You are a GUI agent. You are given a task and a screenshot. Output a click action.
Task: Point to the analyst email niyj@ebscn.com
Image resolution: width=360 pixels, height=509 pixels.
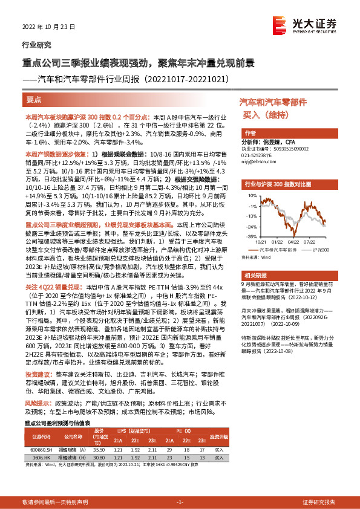(x=258, y=161)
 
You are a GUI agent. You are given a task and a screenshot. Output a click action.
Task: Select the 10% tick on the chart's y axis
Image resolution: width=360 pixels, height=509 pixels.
(x=249, y=196)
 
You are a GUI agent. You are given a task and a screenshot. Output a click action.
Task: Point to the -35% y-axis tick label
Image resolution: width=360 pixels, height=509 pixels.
(x=249, y=238)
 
